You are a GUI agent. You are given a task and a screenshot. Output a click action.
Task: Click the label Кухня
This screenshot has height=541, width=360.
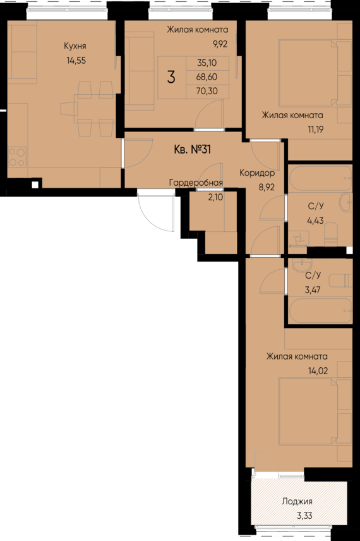(x=75, y=46)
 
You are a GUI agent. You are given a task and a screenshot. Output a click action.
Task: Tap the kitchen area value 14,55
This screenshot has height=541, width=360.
(x=75, y=61)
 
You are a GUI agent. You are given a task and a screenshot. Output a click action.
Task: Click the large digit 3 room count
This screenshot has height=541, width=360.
(x=171, y=77)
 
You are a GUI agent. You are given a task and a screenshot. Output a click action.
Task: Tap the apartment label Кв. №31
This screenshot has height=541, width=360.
(x=191, y=150)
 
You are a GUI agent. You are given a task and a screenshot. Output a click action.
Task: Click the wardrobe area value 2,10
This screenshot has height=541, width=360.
(x=215, y=197)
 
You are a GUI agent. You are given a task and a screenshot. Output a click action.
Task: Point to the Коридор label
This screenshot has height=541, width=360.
(x=256, y=173)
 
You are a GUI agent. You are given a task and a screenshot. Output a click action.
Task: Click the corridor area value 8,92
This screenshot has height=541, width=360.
(x=266, y=187)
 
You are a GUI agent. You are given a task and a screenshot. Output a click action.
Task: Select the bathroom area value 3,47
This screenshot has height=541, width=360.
(x=313, y=291)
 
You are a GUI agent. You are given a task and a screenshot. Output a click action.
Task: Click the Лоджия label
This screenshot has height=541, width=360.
(x=297, y=502)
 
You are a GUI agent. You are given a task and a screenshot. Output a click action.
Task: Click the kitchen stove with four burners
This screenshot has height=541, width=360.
(x=18, y=155)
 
